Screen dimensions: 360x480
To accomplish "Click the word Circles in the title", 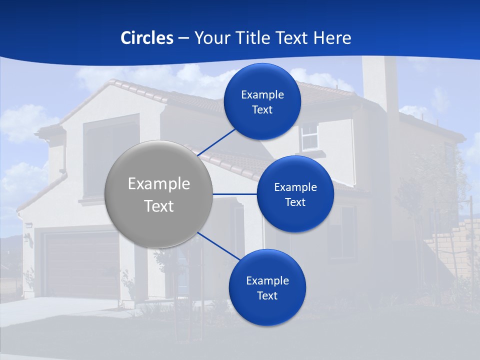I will [147, 38].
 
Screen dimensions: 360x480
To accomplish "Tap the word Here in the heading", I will [332, 38].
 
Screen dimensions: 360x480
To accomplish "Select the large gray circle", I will [159, 194].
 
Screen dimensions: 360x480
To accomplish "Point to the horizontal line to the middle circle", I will [235, 194].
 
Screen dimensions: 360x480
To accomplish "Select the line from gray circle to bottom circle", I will [218, 246].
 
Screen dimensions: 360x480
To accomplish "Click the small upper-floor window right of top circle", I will [310, 136].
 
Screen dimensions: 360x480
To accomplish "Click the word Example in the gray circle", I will [159, 184].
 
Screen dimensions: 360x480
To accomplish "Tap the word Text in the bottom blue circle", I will [267, 296].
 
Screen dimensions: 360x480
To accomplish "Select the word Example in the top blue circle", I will [262, 95].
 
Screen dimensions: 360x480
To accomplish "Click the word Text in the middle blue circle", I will [295, 202].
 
